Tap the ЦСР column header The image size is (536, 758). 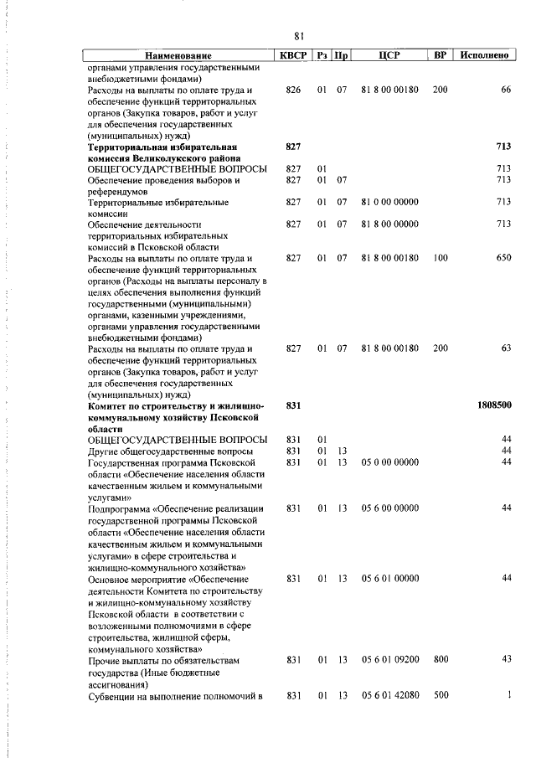[x=389, y=55]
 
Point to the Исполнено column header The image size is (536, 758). [x=483, y=55]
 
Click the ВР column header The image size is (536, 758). [x=440, y=55]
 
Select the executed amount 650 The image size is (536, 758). [x=502, y=258]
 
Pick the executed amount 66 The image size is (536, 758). [x=505, y=89]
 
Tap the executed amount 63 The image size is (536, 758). [x=505, y=348]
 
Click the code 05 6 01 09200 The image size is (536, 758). [x=389, y=660]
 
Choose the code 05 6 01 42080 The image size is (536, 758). [x=389, y=695]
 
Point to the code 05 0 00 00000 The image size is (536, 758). [x=389, y=462]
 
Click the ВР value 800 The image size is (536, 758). [x=441, y=660]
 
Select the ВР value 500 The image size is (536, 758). [x=441, y=695]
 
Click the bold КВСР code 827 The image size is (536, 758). [x=293, y=146]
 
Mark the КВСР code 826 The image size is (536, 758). [x=293, y=89]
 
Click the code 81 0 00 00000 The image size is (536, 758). [x=389, y=202]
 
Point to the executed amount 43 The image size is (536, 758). [x=506, y=660]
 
